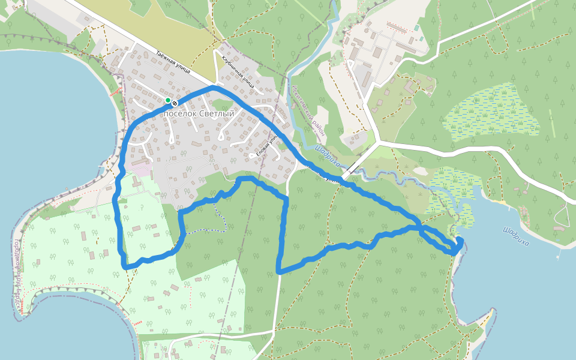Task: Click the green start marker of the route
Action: [x=168, y=100]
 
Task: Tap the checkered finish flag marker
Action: [x=175, y=103]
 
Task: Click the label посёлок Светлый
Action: [x=199, y=113]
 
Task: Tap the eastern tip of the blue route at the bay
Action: [x=460, y=240]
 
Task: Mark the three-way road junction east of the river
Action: [x=379, y=143]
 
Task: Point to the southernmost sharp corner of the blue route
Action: [x=279, y=272]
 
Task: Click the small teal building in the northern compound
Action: [x=416, y=28]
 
